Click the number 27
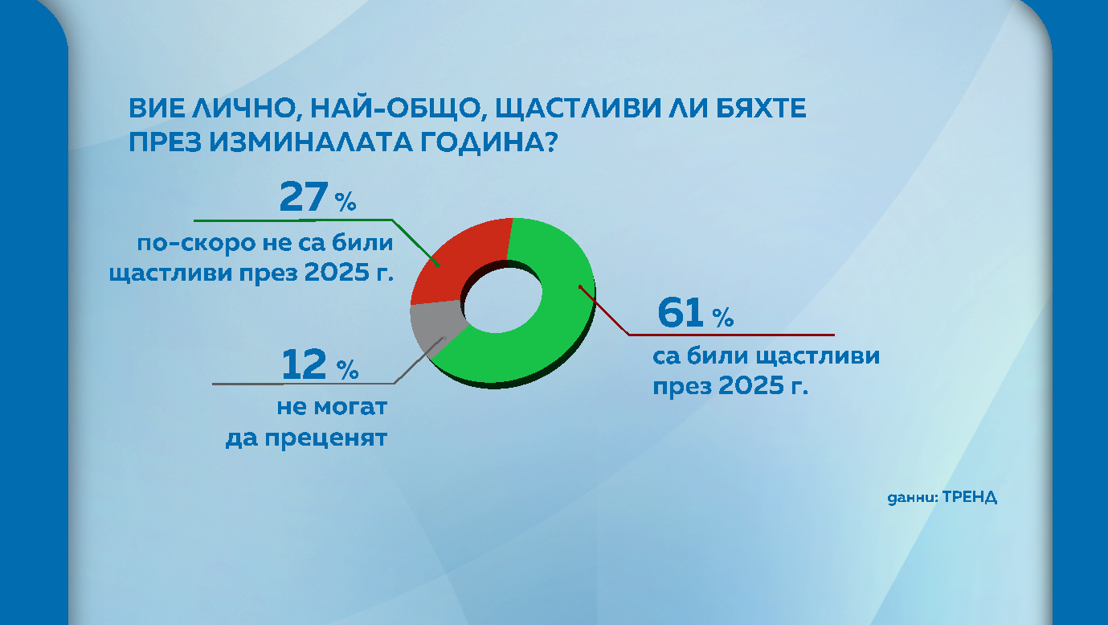pyautogui.click(x=304, y=197)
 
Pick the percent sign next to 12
pyautogui.click(x=347, y=371)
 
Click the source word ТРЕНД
pyautogui.click(x=970, y=496)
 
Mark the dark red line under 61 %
pyautogui.click(x=731, y=334)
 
